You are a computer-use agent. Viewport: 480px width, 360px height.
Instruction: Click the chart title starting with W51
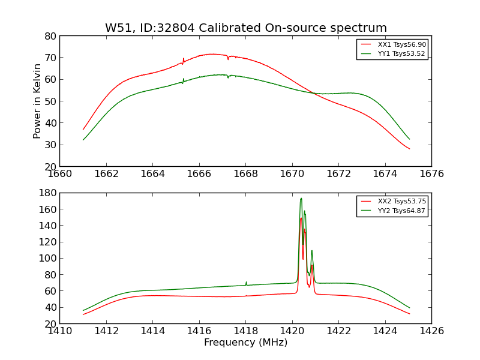(x=246, y=28)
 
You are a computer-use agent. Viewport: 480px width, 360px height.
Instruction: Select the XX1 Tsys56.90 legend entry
(x=401, y=44)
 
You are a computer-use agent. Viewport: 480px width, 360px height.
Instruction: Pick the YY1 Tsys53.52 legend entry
(x=401, y=53)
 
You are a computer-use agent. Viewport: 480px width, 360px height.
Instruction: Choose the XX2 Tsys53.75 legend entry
(x=401, y=201)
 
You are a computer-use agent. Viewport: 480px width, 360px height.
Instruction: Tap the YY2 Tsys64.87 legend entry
(x=401, y=211)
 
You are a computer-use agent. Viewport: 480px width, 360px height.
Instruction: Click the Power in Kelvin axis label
(x=38, y=101)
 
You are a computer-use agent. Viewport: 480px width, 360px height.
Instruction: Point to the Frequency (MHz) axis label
(x=245, y=343)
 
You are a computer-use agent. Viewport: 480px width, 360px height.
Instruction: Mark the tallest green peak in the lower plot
(x=301, y=199)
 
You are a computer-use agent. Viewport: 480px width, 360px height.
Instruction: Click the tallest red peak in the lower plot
(x=301, y=218)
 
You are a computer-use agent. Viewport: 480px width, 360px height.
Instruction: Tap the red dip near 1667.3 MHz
(x=228, y=59)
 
